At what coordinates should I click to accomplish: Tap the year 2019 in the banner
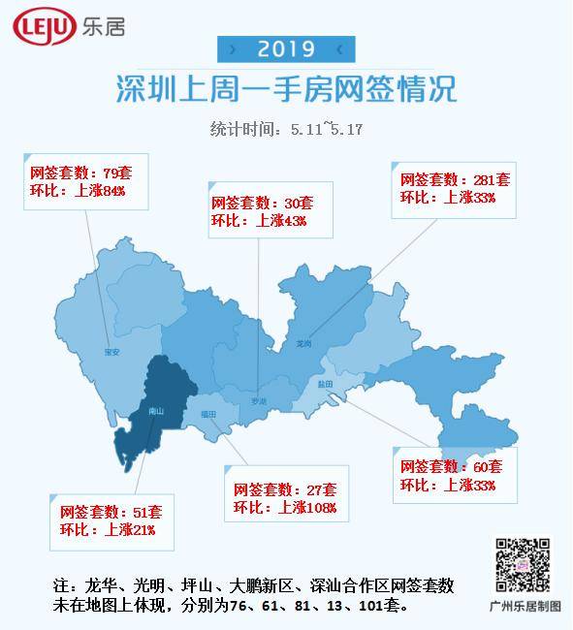(286, 48)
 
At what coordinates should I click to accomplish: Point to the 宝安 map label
(111, 352)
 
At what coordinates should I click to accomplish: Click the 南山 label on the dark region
(156, 411)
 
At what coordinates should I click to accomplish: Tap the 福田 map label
(208, 414)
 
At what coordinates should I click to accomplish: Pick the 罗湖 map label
(257, 400)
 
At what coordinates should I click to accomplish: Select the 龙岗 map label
(303, 343)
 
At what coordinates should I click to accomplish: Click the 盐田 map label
(325, 384)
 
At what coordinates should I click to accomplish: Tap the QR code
(524, 564)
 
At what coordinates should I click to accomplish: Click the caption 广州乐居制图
(525, 606)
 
